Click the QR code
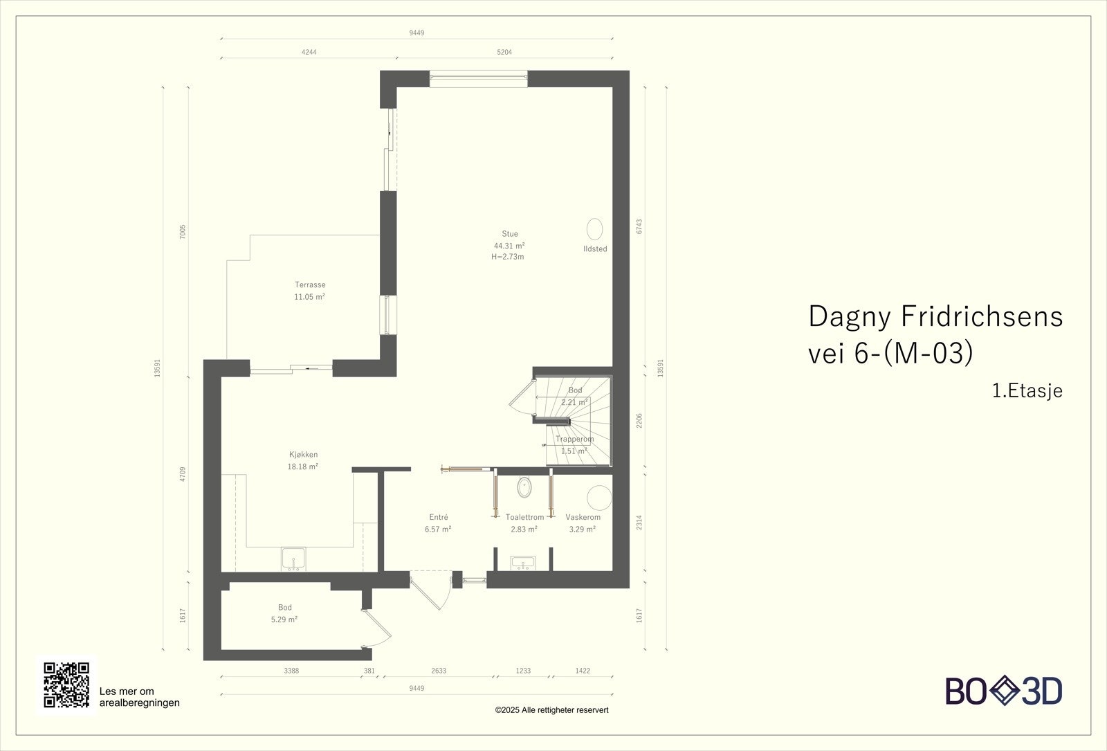(66, 685)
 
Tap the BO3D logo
(1004, 691)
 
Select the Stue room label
(509, 234)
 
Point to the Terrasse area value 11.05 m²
(309, 297)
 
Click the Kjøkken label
(303, 454)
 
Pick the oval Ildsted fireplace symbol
(594, 229)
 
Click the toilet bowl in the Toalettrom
(524, 487)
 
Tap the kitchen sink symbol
(293, 559)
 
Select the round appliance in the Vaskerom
(599, 498)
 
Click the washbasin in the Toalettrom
(523, 563)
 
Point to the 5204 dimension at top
(504, 52)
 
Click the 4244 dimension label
(309, 52)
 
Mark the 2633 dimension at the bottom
(439, 671)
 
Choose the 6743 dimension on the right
(639, 226)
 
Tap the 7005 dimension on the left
(183, 232)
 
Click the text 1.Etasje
(1027, 390)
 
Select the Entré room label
(439, 517)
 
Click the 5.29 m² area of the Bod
(284, 619)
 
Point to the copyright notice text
(551, 710)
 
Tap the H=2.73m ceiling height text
(508, 257)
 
